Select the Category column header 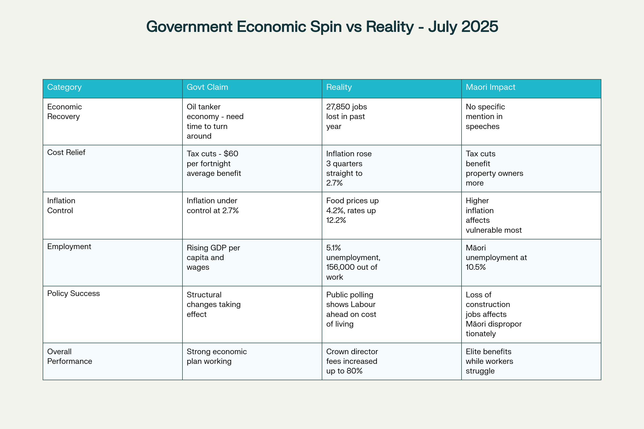64,87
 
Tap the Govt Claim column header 207,87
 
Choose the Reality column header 339,87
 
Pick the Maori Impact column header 491,87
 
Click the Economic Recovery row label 64,112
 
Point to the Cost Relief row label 66,152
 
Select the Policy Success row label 73,293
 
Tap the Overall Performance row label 69,356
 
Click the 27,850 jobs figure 346,107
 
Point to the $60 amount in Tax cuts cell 231,154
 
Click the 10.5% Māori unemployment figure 475,267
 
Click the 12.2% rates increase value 336,220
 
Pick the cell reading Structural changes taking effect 214,304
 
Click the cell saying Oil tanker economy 215,121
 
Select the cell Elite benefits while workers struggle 489,361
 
